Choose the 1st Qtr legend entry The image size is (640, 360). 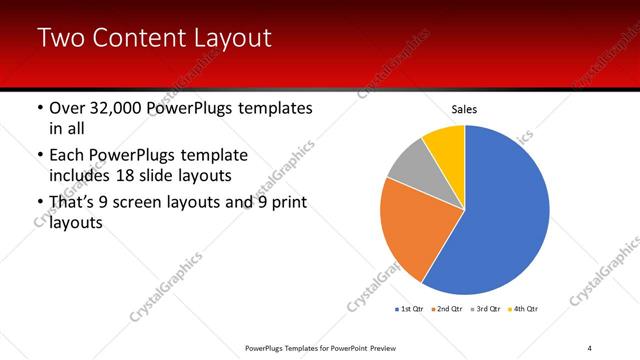click(409, 309)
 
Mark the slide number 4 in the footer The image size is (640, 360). click(590, 347)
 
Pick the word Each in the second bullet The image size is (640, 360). click(66, 155)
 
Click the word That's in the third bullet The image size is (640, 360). click(73, 203)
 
